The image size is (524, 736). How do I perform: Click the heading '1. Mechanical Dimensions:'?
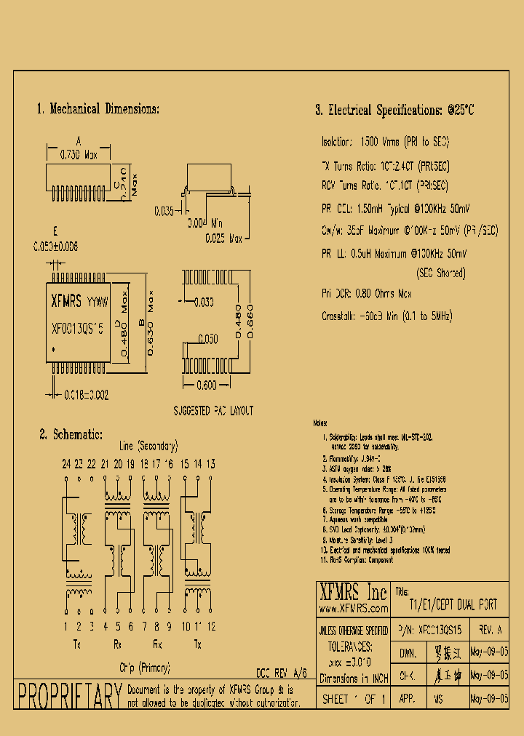(x=98, y=109)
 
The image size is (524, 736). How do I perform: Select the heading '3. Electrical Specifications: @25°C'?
(x=394, y=111)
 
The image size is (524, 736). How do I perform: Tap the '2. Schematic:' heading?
(x=71, y=434)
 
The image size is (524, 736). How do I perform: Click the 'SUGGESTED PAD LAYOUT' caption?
(x=213, y=411)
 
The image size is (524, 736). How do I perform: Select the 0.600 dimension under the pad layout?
(x=207, y=385)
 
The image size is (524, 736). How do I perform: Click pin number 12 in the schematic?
(x=211, y=626)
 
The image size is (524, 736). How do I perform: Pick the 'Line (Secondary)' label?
(x=148, y=447)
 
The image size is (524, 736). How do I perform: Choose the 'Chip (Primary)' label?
(x=145, y=667)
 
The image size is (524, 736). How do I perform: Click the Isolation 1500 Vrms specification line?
(x=386, y=142)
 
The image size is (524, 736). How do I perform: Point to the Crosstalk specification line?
(x=386, y=316)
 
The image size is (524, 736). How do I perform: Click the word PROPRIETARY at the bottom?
(x=69, y=697)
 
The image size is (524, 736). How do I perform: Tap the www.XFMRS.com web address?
(x=352, y=607)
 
